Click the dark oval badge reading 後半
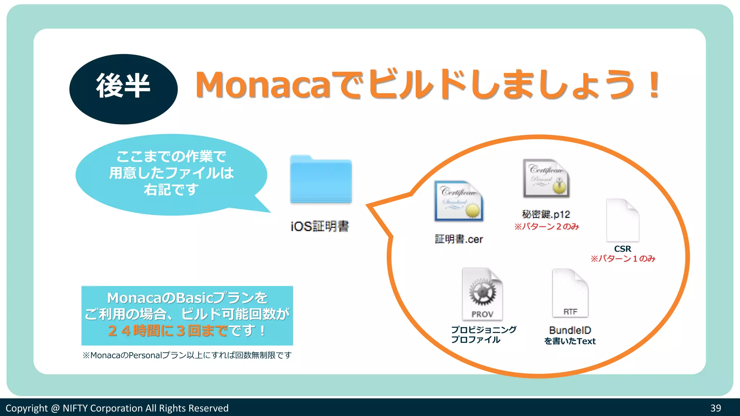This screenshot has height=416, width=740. pyautogui.click(x=123, y=89)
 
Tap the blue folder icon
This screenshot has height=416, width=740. pyautogui.click(x=321, y=180)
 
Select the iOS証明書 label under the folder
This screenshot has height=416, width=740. pyautogui.click(x=320, y=226)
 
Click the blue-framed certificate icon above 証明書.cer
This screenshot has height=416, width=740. pyautogui.click(x=459, y=201)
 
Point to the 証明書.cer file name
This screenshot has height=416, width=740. pyautogui.click(x=459, y=239)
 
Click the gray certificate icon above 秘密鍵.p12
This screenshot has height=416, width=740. pyautogui.click(x=546, y=178)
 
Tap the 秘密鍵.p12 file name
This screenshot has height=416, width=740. pyautogui.click(x=546, y=214)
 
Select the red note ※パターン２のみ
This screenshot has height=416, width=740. pyautogui.click(x=547, y=226)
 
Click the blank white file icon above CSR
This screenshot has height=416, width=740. pyautogui.click(x=622, y=220)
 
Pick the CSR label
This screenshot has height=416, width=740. pyautogui.click(x=623, y=249)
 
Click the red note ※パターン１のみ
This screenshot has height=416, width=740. pyautogui.click(x=623, y=259)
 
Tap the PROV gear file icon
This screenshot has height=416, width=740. pyautogui.click(x=482, y=294)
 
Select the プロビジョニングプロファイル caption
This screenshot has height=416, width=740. pyautogui.click(x=483, y=334)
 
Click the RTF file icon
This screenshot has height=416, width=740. pyautogui.click(x=570, y=293)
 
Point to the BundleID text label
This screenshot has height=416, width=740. pyautogui.click(x=570, y=330)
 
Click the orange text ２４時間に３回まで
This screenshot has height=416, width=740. pyautogui.click(x=168, y=330)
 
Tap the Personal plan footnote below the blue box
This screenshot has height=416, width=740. pyautogui.click(x=187, y=355)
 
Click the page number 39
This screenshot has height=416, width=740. pyautogui.click(x=715, y=408)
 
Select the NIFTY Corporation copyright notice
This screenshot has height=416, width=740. pyautogui.click(x=117, y=408)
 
